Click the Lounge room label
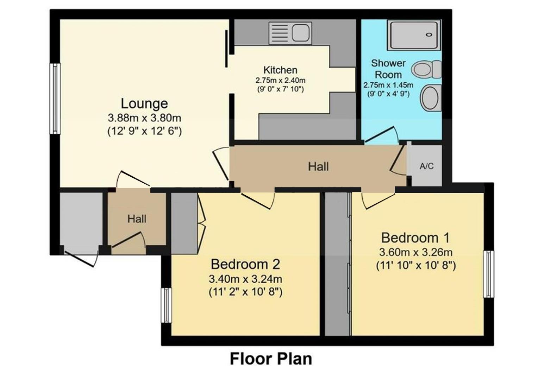click(x=144, y=104)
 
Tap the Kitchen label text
click(x=280, y=70)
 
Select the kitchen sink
click(x=290, y=33)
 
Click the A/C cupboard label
click(x=426, y=166)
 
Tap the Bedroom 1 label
click(x=415, y=238)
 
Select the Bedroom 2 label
click(x=245, y=264)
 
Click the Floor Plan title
click(x=271, y=359)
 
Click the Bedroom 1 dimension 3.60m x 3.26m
click(x=415, y=252)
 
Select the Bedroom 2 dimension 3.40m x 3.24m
click(x=245, y=279)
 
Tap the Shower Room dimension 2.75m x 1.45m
click(x=388, y=85)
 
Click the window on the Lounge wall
click(x=55, y=99)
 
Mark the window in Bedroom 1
click(x=488, y=274)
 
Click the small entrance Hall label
click(x=137, y=219)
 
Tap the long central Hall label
click(x=318, y=166)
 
